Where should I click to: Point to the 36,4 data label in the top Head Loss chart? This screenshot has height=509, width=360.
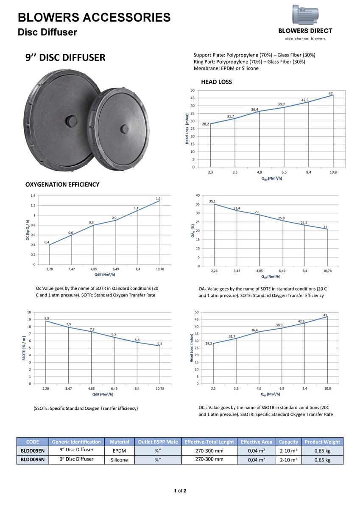pos(255,109)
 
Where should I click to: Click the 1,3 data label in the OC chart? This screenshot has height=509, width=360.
pos(158,199)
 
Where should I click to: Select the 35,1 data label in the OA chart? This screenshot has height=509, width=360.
pos(212,201)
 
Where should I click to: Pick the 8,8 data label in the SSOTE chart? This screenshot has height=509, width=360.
pos(47,318)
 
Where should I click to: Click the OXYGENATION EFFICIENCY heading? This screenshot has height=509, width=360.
pos(63,185)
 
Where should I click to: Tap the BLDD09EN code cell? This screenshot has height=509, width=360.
pos(33,450)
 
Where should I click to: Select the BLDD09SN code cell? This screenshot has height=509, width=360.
pos(33,460)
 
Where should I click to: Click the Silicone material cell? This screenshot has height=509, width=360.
pos(119,460)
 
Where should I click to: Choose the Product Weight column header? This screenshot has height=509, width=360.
pos(322,442)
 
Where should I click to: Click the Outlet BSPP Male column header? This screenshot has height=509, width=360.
pos(158,442)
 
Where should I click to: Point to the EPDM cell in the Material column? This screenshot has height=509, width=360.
pos(119,450)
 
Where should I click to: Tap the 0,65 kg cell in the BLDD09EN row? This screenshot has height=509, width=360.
pos(322,450)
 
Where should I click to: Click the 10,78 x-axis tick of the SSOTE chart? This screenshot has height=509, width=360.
pos(160,388)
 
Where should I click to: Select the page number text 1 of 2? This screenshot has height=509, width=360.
pos(180,491)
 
